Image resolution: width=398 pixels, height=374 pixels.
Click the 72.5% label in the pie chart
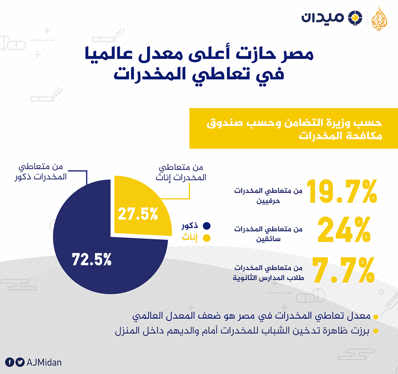click(x=92, y=259)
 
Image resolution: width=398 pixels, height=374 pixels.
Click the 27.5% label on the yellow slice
click(x=138, y=214)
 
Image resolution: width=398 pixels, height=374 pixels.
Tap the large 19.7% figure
click(x=342, y=191)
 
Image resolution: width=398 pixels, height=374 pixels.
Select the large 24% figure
click(x=344, y=230)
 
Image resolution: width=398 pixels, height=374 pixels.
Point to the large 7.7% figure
click(x=343, y=270)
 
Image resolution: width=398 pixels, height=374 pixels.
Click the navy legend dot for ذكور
click(x=206, y=226)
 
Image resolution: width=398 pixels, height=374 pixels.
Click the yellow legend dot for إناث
click(x=206, y=238)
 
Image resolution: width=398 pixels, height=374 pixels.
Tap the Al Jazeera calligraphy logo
click(x=379, y=19)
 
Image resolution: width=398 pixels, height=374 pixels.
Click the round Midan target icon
click(x=355, y=18)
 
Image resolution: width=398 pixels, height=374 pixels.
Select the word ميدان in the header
click(x=323, y=17)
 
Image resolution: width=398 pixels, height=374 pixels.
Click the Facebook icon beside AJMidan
click(x=10, y=362)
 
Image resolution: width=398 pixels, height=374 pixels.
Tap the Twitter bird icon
click(x=20, y=362)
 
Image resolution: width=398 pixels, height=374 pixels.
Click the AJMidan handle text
click(x=44, y=362)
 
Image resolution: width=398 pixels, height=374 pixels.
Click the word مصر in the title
click(x=297, y=54)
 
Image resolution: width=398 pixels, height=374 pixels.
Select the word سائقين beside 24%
click(x=268, y=239)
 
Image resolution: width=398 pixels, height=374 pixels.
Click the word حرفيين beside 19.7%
click(x=268, y=201)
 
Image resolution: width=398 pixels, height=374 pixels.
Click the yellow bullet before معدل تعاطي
click(x=376, y=317)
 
